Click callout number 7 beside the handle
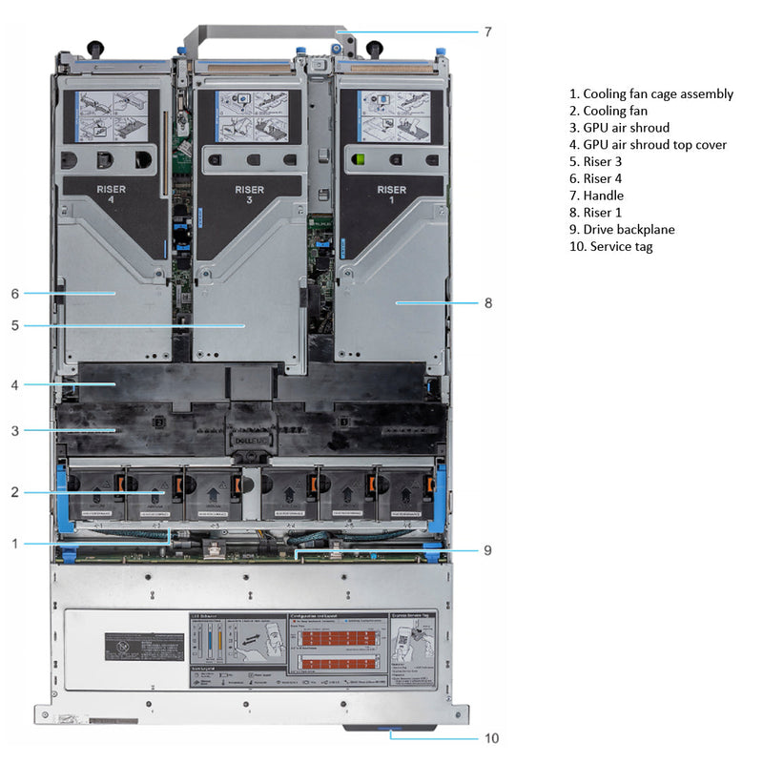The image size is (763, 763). (x=487, y=31)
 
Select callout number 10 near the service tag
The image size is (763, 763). (x=491, y=737)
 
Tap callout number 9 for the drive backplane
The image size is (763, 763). (x=486, y=550)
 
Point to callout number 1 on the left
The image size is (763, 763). (x=15, y=544)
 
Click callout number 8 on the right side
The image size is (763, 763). (x=488, y=303)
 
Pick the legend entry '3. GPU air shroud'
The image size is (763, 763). (x=619, y=128)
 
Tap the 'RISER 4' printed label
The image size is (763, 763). (x=111, y=195)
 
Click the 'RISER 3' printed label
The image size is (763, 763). (x=250, y=195)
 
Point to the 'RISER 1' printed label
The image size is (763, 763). (x=391, y=195)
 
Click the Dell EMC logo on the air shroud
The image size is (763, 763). (x=251, y=441)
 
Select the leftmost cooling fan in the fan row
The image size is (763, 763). (x=97, y=494)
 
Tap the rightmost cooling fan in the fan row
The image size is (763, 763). (x=403, y=494)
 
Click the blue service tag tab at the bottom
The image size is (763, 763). (x=390, y=730)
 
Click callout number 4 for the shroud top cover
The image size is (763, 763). (x=15, y=384)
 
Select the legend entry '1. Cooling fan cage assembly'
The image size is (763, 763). (x=651, y=93)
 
